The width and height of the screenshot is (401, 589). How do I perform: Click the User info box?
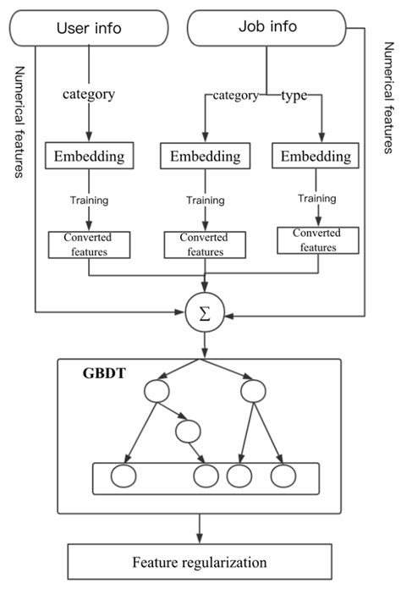click(x=89, y=29)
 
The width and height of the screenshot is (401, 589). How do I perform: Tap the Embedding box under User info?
click(x=89, y=156)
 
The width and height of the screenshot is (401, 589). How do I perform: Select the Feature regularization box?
click(x=200, y=561)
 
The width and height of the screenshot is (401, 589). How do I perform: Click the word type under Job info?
click(x=295, y=96)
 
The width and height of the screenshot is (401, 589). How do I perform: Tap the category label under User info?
click(x=90, y=93)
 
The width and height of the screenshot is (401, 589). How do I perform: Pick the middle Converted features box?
click(x=206, y=245)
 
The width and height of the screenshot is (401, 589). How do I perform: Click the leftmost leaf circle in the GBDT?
click(x=126, y=476)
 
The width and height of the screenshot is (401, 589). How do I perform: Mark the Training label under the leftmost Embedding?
click(x=89, y=200)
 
